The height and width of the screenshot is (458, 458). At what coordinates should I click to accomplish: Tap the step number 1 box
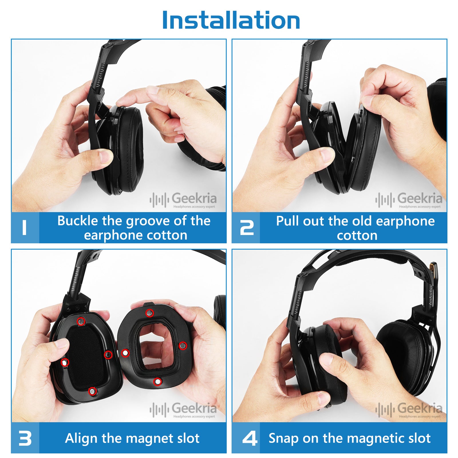pyautogui.click(x=25, y=228)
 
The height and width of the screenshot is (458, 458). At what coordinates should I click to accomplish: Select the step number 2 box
pyautogui.click(x=246, y=228)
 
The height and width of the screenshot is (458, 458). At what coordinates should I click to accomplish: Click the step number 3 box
pyautogui.click(x=25, y=438)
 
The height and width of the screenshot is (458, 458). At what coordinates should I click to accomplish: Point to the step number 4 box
pyautogui.click(x=246, y=438)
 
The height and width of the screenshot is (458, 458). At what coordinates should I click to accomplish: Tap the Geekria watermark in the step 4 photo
pyautogui.click(x=409, y=409)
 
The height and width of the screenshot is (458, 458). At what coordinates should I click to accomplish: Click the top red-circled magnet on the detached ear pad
pyautogui.click(x=149, y=313)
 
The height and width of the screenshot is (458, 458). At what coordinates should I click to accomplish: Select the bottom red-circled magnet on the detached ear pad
pyautogui.click(x=157, y=382)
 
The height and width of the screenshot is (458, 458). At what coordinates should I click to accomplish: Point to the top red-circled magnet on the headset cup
pyautogui.click(x=81, y=321)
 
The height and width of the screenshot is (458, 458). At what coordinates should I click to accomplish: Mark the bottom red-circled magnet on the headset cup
pyautogui.click(x=92, y=391)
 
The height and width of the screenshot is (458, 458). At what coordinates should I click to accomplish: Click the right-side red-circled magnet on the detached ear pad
pyautogui.click(x=183, y=346)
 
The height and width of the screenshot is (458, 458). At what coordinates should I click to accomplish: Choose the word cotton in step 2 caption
pyautogui.click(x=357, y=236)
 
